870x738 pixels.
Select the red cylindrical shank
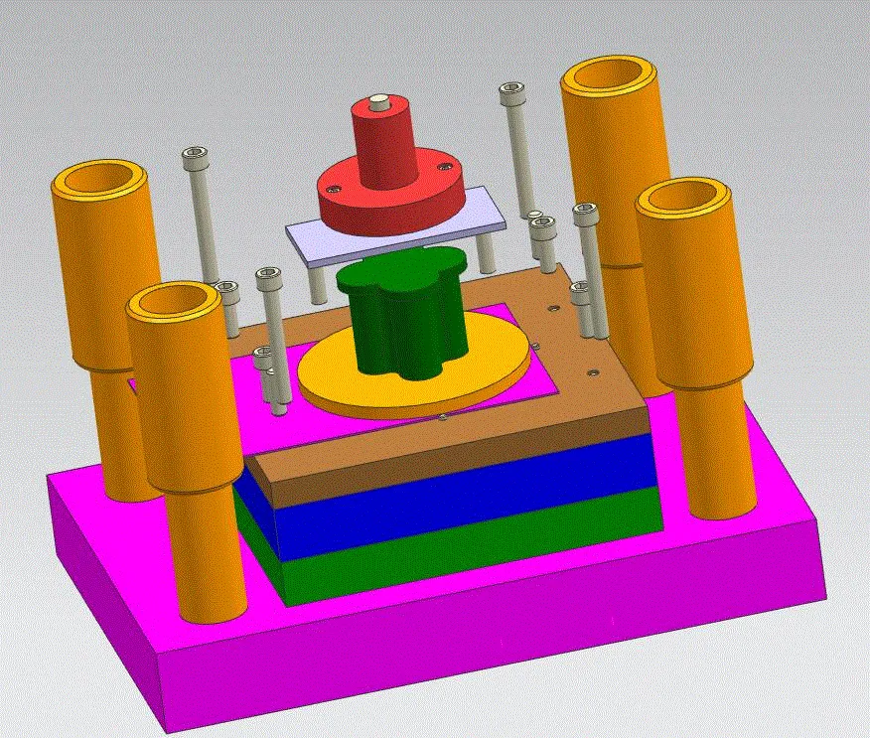click(x=383, y=144)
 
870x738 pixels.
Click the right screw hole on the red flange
click(x=445, y=166)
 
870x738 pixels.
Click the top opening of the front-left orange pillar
click(x=175, y=300)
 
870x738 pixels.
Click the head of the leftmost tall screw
click(x=195, y=155)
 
